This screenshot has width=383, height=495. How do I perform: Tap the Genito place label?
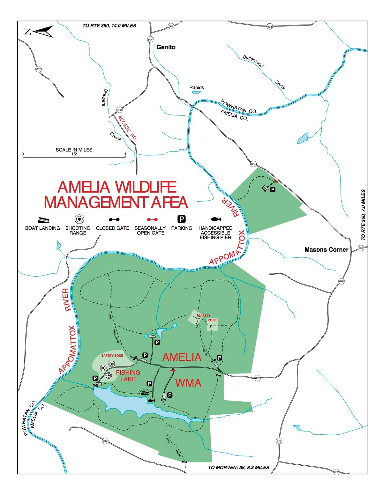[x=166, y=47]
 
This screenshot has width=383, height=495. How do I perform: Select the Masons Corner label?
[x=326, y=250]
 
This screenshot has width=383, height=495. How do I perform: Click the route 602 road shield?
[x=39, y=69]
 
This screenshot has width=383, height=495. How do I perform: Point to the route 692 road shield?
[x=105, y=441]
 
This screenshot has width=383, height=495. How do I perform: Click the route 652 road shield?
[x=258, y=378]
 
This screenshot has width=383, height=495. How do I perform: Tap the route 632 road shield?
[x=336, y=472]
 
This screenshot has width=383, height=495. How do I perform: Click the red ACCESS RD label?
[x=127, y=128]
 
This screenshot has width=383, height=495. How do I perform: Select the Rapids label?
[x=196, y=87]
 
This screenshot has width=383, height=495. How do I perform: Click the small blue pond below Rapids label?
[x=196, y=92]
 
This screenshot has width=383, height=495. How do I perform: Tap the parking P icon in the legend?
[x=182, y=219]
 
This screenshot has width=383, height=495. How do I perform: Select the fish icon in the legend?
[x=216, y=219]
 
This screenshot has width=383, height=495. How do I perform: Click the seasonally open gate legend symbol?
[x=152, y=220]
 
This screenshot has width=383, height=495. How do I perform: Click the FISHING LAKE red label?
[x=128, y=376]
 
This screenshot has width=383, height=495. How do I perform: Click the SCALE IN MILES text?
[x=74, y=150]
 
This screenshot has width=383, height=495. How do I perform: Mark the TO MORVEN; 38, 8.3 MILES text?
[x=239, y=468]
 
